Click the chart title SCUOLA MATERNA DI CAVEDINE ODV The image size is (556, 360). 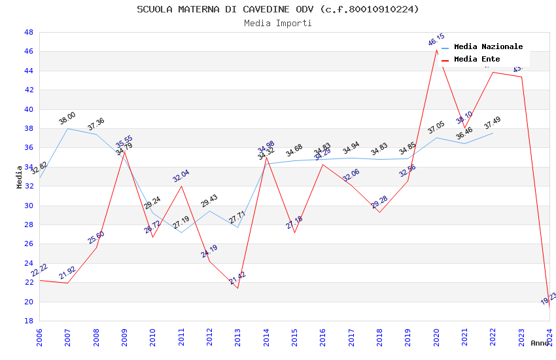(x=278, y=9)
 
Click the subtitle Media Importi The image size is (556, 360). (x=278, y=23)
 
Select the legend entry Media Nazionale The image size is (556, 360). (x=488, y=47)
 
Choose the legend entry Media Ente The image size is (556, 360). (x=477, y=60)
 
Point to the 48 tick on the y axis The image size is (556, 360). (x=29, y=32)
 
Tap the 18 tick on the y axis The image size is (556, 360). (x=29, y=321)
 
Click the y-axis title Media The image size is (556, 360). (x=20, y=177)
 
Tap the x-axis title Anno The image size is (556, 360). (x=540, y=343)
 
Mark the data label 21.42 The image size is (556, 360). (x=237, y=279)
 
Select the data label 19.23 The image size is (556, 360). (x=549, y=299)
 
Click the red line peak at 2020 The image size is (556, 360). (x=436, y=50)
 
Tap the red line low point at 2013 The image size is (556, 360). (x=238, y=288)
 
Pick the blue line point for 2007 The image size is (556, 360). (x=68, y=128)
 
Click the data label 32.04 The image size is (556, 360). (x=181, y=176)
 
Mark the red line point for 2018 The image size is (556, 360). (x=379, y=212)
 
